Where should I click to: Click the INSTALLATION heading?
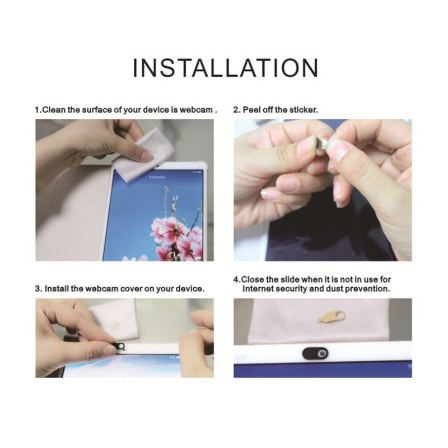click(x=226, y=68)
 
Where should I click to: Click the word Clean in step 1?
click(x=54, y=110)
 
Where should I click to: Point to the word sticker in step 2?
click(x=304, y=110)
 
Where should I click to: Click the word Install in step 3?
click(x=57, y=288)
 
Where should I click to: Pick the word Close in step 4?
click(x=253, y=279)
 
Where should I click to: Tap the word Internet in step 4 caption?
click(x=258, y=288)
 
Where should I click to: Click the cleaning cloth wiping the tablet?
click(x=143, y=156)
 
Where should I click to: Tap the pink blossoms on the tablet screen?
click(x=177, y=237)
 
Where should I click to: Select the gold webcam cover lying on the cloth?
click(x=332, y=317)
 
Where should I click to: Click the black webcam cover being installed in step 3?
click(x=120, y=346)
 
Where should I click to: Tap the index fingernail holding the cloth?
click(x=147, y=156)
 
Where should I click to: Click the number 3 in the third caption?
click(x=37, y=288)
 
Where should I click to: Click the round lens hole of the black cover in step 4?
click(x=323, y=354)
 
